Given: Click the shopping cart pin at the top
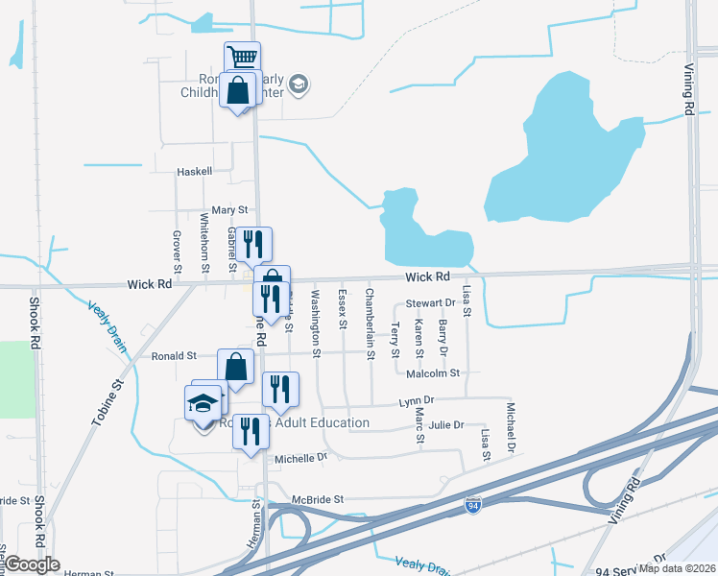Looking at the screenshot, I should (x=243, y=58).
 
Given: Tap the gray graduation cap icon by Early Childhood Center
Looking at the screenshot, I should (x=298, y=84).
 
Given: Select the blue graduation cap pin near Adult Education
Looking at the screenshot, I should (x=203, y=402).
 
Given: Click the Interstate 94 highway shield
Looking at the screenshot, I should (x=472, y=504).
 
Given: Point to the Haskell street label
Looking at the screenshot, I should (x=194, y=172).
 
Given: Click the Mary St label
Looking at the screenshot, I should (x=229, y=209).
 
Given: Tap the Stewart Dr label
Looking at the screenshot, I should (x=429, y=303).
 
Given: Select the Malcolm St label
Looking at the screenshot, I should (x=434, y=372).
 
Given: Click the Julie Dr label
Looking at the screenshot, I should (x=446, y=425).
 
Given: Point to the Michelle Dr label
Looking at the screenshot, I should (x=301, y=459).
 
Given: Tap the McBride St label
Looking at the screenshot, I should (x=319, y=500).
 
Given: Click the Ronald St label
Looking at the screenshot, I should (x=174, y=355).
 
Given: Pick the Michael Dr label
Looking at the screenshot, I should (x=512, y=429).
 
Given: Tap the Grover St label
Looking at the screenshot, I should (x=178, y=251).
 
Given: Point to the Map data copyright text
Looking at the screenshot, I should (x=678, y=567).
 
